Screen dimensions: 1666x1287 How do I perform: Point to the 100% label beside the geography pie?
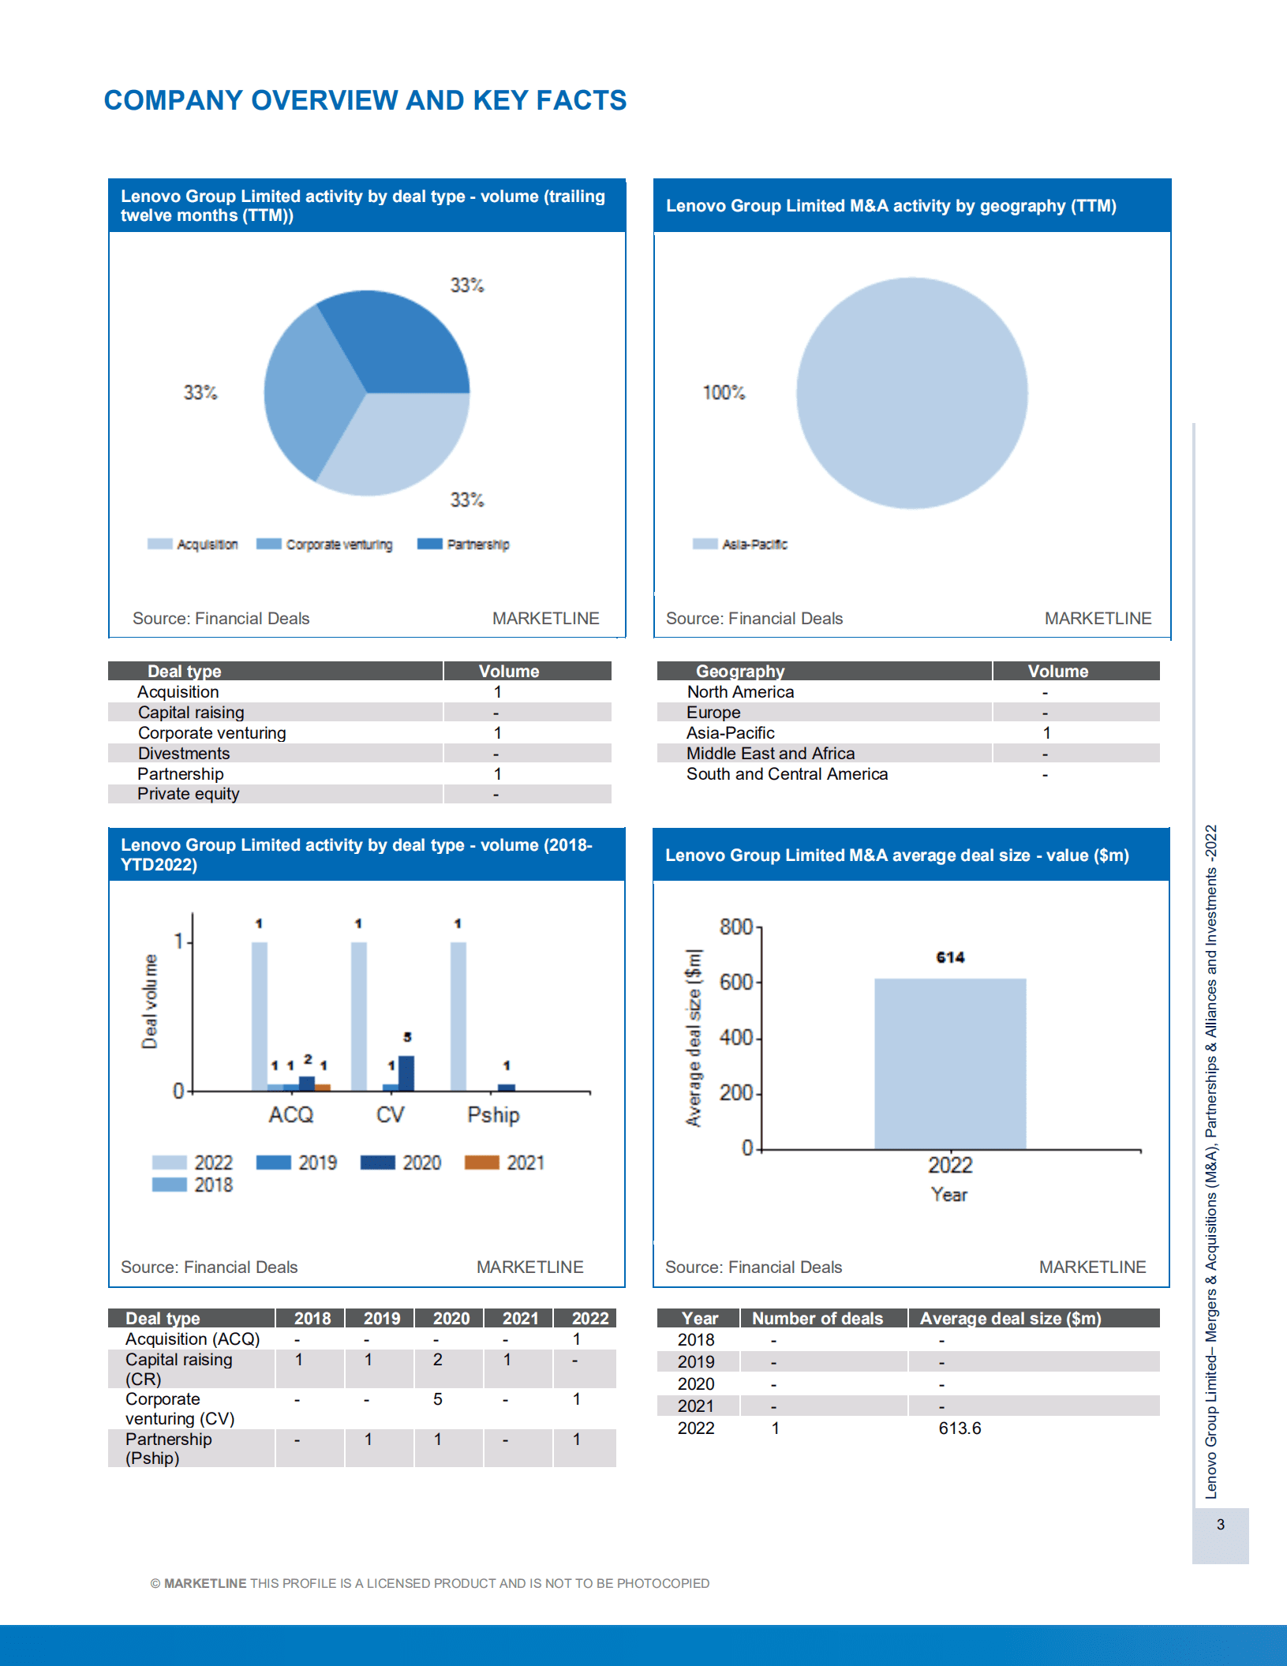coord(724,393)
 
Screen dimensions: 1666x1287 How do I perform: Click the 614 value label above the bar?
coord(950,957)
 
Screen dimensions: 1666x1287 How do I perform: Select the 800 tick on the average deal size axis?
coord(735,927)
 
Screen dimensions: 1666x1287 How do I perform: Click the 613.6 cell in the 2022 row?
coord(960,1428)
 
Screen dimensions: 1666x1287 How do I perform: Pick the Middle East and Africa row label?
coord(770,754)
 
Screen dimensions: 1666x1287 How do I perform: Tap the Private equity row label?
coord(188,794)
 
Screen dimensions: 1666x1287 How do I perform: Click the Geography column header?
coord(740,672)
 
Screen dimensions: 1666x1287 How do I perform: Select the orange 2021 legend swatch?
coord(481,1162)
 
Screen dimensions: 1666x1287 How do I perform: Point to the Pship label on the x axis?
coord(493,1115)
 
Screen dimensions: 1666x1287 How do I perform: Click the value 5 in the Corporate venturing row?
coord(437,1399)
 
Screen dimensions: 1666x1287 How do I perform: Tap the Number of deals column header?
coord(817,1319)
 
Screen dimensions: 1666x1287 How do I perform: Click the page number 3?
coord(1221,1525)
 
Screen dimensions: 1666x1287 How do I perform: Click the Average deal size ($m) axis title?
coord(693,1038)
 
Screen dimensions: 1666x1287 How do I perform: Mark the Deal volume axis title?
coord(149,1001)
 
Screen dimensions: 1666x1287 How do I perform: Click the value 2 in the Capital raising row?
coord(437,1360)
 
